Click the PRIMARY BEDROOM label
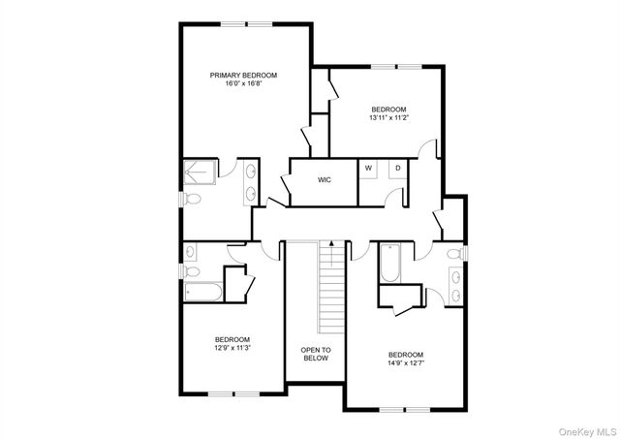click(x=244, y=75)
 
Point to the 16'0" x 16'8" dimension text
click(x=244, y=84)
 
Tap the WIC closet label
click(x=325, y=179)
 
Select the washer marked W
click(x=368, y=168)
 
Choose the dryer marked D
click(x=396, y=168)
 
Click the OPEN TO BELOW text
click(x=315, y=354)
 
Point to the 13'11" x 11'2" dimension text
click(x=388, y=118)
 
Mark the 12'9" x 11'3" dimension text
click(x=232, y=348)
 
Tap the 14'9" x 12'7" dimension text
click(x=406, y=363)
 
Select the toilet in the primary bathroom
click(x=190, y=199)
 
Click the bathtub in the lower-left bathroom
click(x=201, y=290)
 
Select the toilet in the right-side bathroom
click(x=455, y=254)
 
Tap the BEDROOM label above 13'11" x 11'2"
click(x=388, y=109)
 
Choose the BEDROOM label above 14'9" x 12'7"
click(x=406, y=354)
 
